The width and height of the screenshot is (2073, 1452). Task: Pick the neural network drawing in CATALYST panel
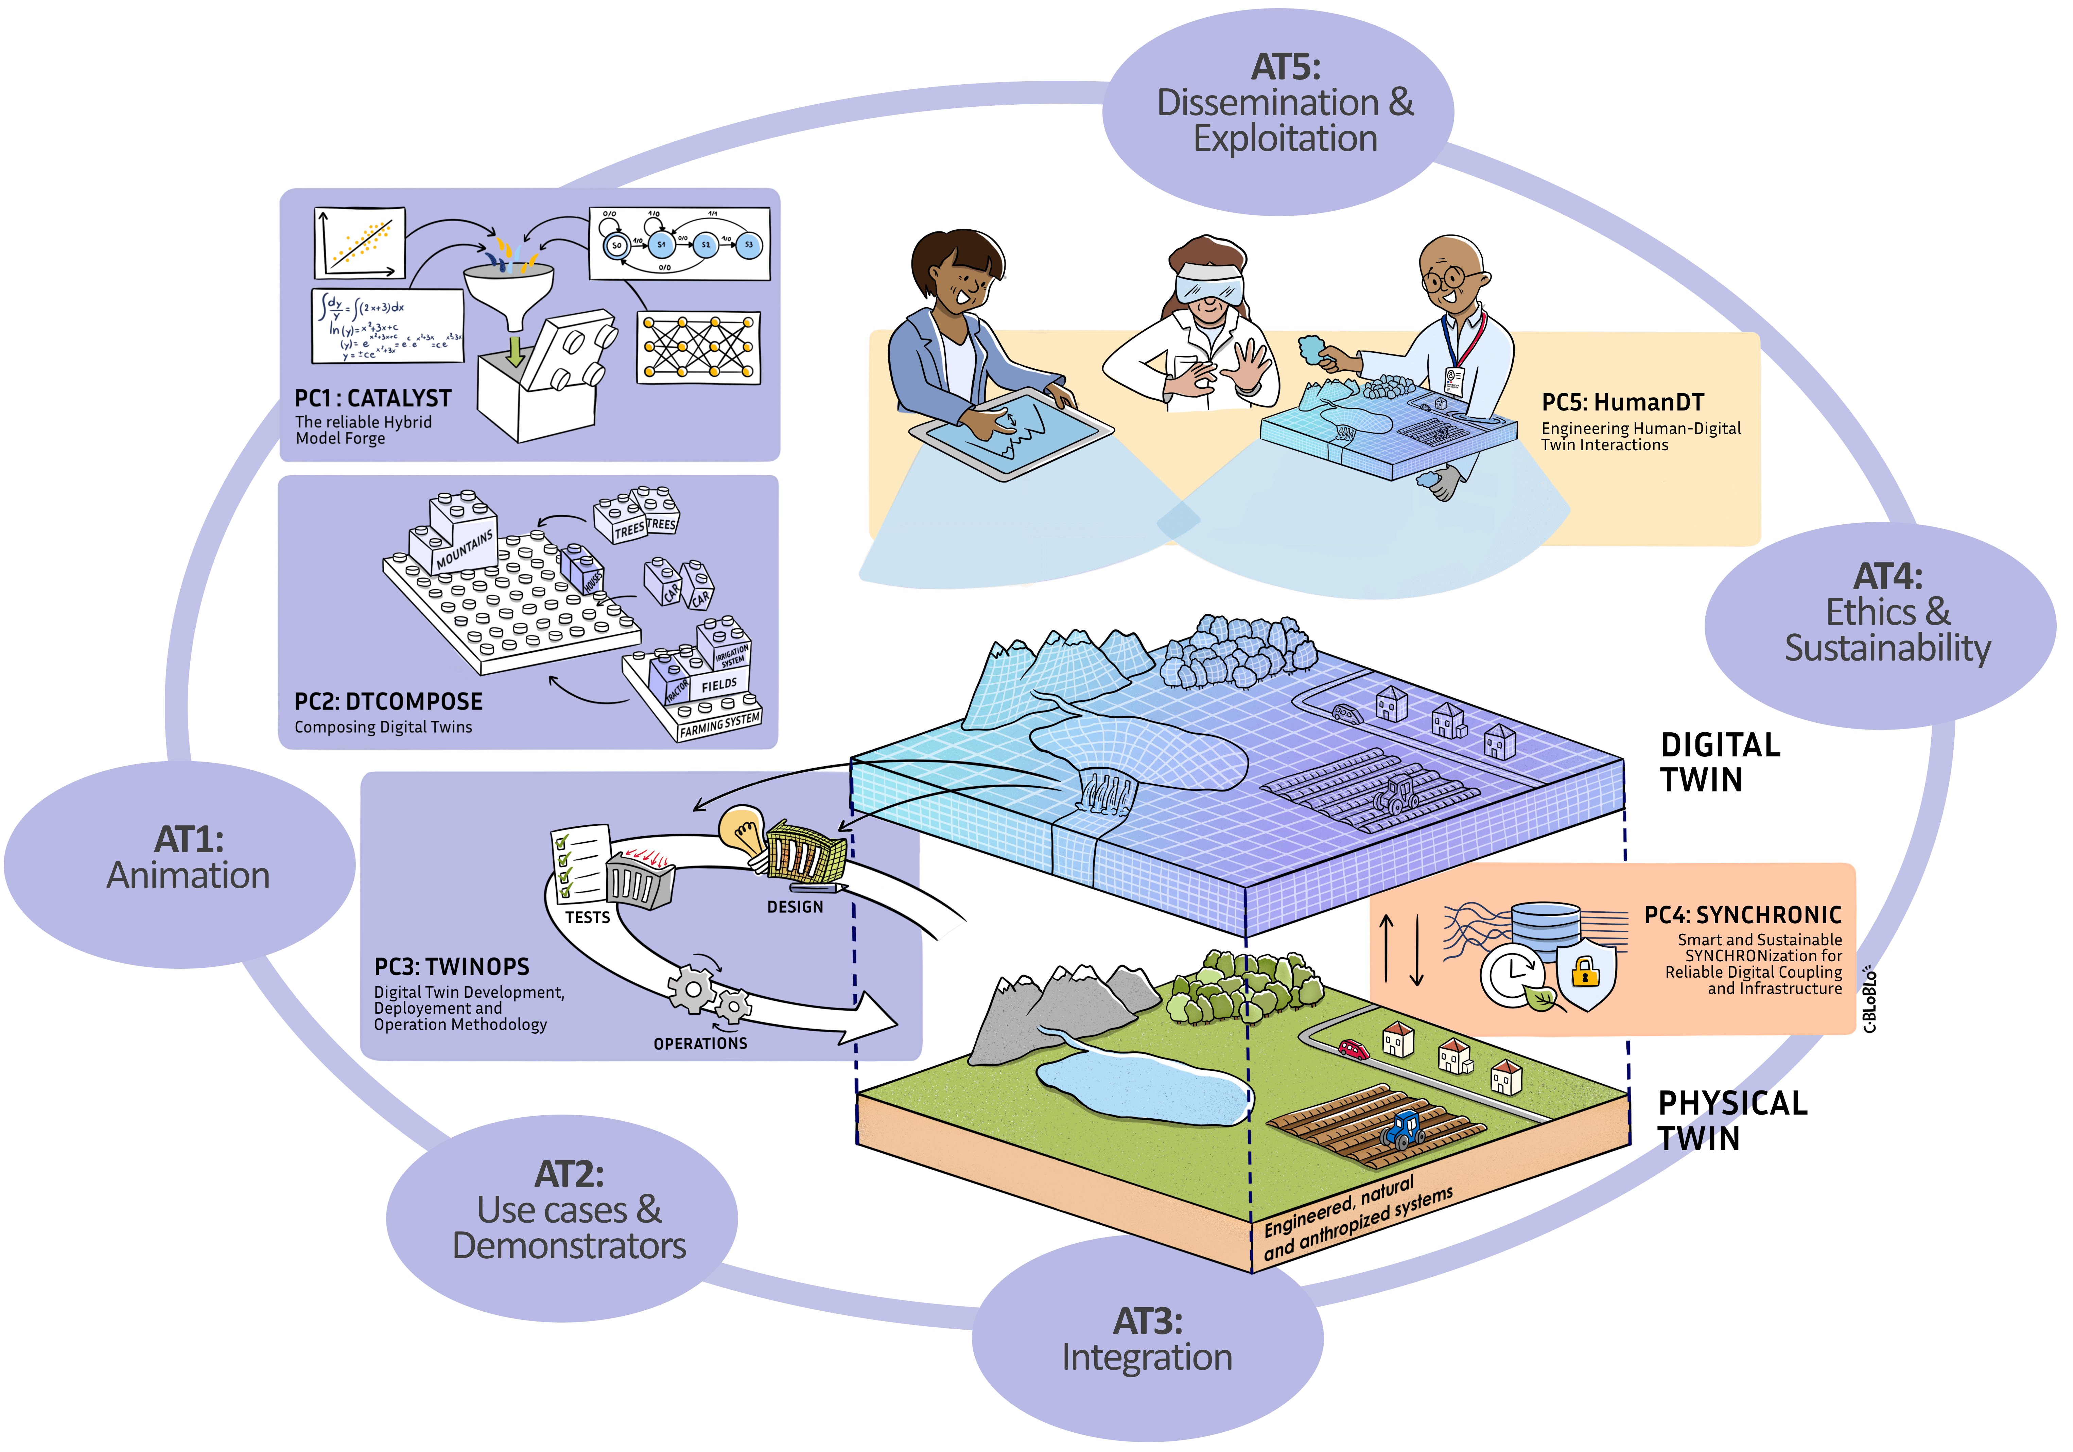pyautogui.click(x=698, y=348)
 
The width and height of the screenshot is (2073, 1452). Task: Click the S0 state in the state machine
pyautogui.click(x=617, y=245)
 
